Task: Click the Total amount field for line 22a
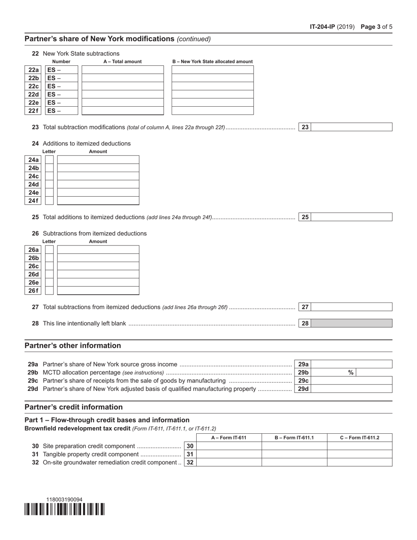coord(122,70)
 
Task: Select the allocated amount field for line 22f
coord(212,111)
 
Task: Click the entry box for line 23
coord(352,127)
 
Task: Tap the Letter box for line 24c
coord(50,176)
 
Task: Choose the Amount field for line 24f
coord(98,201)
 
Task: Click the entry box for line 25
coord(352,217)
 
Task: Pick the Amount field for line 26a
coord(98,249)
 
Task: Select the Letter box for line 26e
coord(50,282)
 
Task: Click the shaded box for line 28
coord(352,324)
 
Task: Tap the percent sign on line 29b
coord(351,372)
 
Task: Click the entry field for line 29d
coord(352,389)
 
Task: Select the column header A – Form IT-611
coord(229,438)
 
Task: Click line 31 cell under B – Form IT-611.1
coord(294,454)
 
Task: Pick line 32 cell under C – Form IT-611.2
coord(359,462)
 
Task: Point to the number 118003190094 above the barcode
coord(65,499)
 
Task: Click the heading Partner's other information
coord(73,346)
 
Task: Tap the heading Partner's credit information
coord(74,407)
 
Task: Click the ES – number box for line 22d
coord(61,94)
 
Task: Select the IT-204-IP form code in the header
coord(323,27)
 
